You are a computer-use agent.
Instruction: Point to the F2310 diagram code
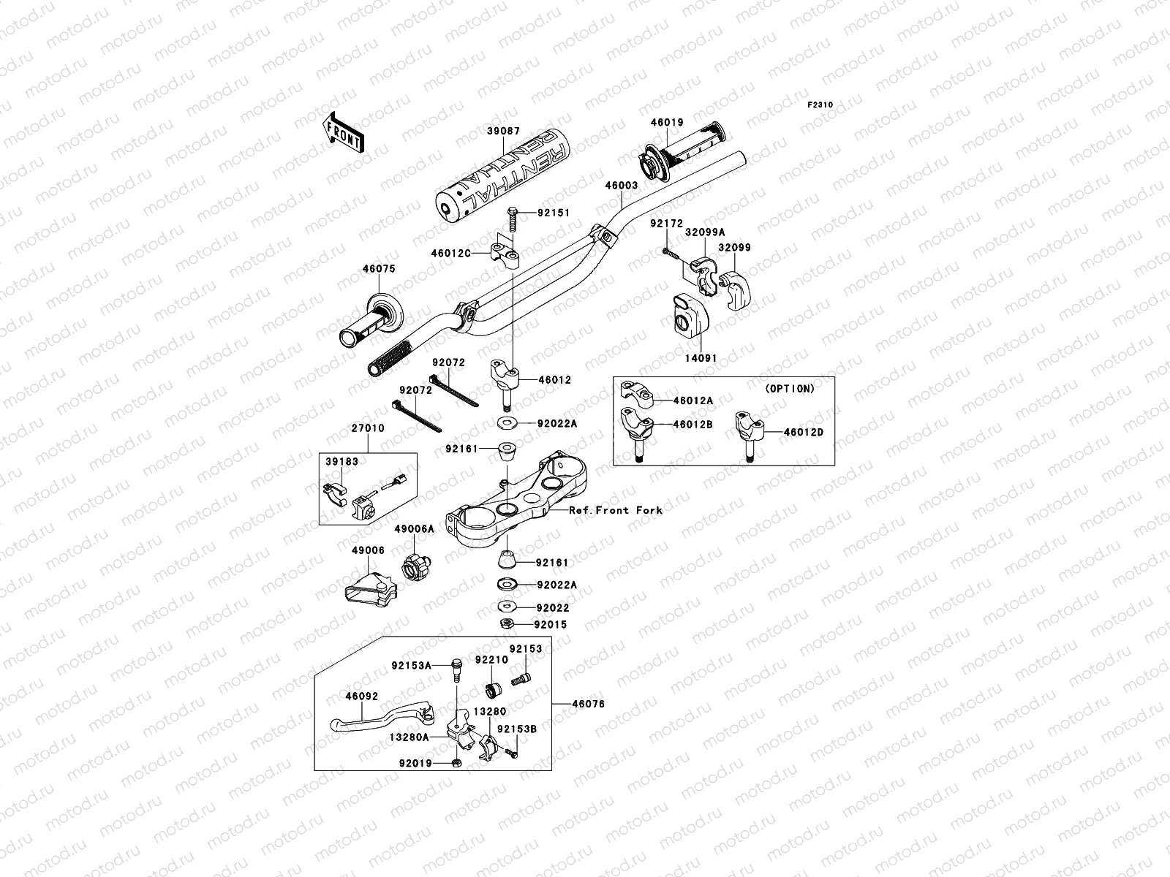point(820,105)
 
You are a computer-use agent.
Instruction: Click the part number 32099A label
point(705,232)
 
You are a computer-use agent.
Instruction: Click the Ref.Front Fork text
point(616,510)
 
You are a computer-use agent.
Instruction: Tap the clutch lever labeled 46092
point(380,716)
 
